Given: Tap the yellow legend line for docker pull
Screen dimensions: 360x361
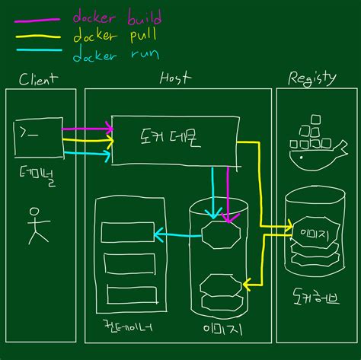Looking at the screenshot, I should pyautogui.click(x=38, y=35).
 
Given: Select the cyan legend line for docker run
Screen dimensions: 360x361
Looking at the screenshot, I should pyautogui.click(x=38, y=52).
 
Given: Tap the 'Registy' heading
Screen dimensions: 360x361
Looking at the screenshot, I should pyautogui.click(x=312, y=78).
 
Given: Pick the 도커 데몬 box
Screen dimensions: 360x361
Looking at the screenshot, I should pyautogui.click(x=173, y=139).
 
